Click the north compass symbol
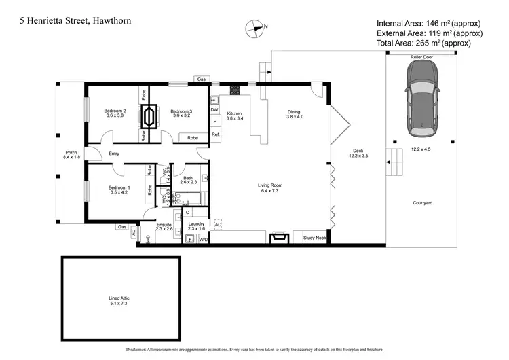(x=254, y=28)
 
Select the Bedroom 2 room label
(x=115, y=113)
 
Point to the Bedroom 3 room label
(x=181, y=113)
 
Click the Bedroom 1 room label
(x=119, y=190)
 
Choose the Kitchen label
(x=235, y=115)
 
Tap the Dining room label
(x=293, y=115)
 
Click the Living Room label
(x=269, y=187)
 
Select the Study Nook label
(x=315, y=238)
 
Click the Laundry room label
(x=196, y=226)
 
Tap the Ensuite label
(x=164, y=226)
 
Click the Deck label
(x=358, y=154)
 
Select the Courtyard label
(x=422, y=203)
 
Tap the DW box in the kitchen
(x=214, y=110)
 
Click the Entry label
(x=114, y=154)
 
